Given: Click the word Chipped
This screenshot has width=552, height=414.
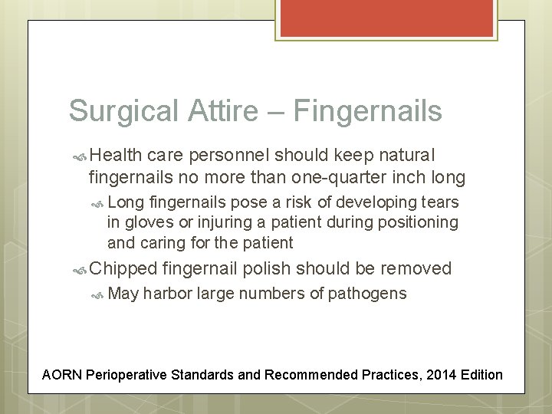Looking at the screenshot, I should click(x=122, y=268).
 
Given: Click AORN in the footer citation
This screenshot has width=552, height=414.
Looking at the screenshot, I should click(x=62, y=375).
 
